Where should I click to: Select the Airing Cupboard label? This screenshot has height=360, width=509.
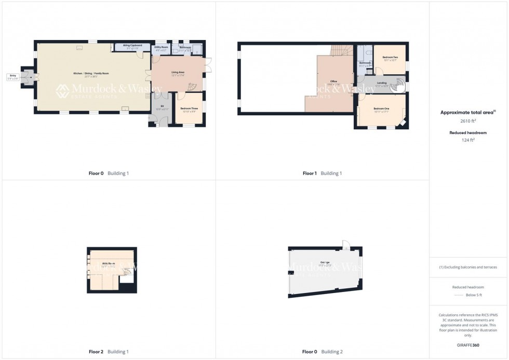(132, 46)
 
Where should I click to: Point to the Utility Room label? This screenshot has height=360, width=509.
(161, 48)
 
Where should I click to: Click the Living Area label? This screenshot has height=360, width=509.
(178, 74)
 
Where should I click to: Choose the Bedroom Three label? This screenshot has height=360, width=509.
(189, 110)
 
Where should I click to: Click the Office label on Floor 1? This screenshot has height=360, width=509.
(334, 83)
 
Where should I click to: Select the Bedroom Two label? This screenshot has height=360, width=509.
(390, 58)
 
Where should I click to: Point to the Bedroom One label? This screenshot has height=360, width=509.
(381, 109)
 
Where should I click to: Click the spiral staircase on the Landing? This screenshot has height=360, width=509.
(399, 84)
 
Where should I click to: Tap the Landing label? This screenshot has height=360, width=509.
(381, 84)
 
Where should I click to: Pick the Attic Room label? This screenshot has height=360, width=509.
(109, 264)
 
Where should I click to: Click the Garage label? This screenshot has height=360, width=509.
(325, 263)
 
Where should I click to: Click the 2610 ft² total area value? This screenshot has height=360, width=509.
(468, 120)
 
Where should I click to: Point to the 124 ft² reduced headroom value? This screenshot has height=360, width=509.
(468, 140)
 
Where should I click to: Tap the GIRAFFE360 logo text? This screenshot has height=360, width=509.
(468, 345)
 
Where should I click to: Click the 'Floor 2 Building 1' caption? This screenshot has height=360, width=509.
(109, 352)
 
